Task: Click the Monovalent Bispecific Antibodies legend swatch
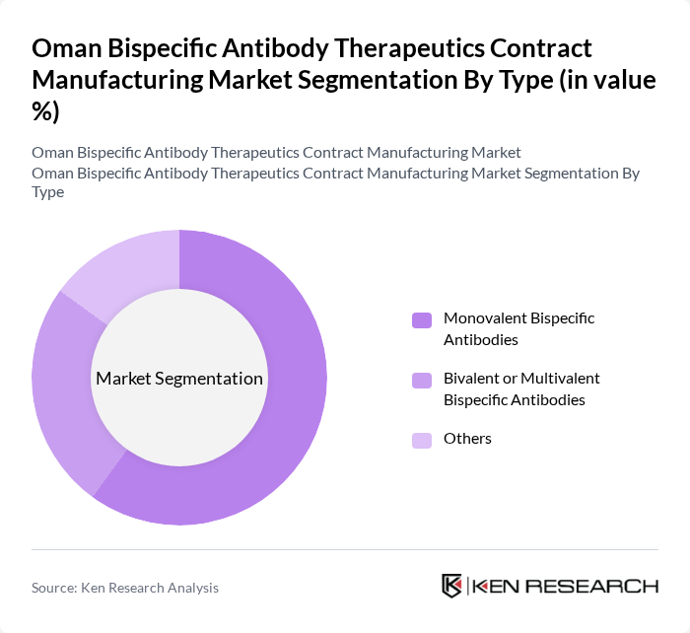tap(422, 319)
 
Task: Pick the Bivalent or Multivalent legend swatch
tap(422, 379)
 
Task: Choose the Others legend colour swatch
tap(422, 439)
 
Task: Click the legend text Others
tap(467, 439)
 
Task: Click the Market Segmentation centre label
tap(179, 379)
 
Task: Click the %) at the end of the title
tap(45, 111)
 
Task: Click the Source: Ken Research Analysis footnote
tap(125, 588)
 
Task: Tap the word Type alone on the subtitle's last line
tap(47, 191)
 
